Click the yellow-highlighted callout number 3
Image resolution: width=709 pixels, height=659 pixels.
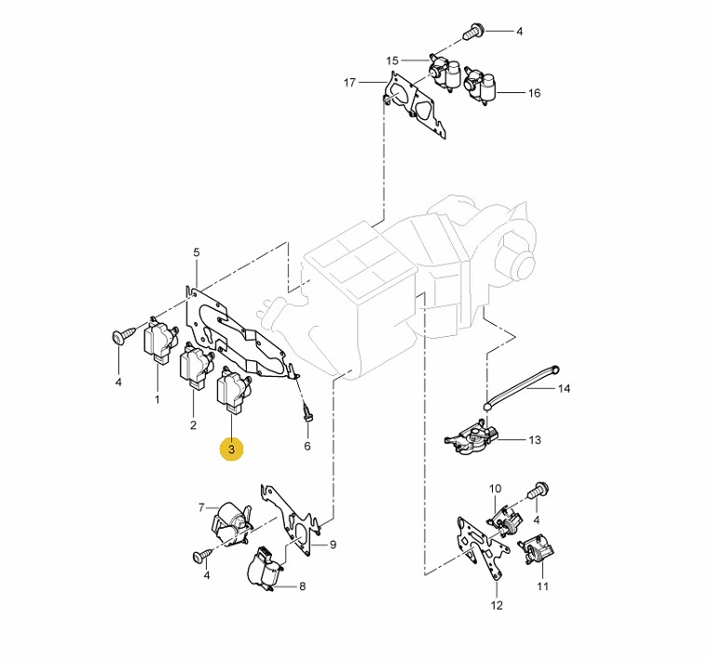pyautogui.click(x=231, y=450)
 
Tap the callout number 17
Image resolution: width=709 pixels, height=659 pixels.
pyautogui.click(x=349, y=83)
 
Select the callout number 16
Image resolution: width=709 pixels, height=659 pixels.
pyautogui.click(x=534, y=93)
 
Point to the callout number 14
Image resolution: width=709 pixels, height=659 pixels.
pyautogui.click(x=564, y=388)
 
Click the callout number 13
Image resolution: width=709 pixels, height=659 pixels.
pyautogui.click(x=535, y=440)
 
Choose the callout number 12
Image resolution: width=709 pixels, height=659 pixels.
pyautogui.click(x=497, y=605)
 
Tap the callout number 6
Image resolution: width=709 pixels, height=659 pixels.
pyautogui.click(x=307, y=446)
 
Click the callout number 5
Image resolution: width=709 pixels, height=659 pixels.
pyautogui.click(x=197, y=252)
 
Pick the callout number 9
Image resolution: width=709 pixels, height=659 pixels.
pyautogui.click(x=333, y=545)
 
